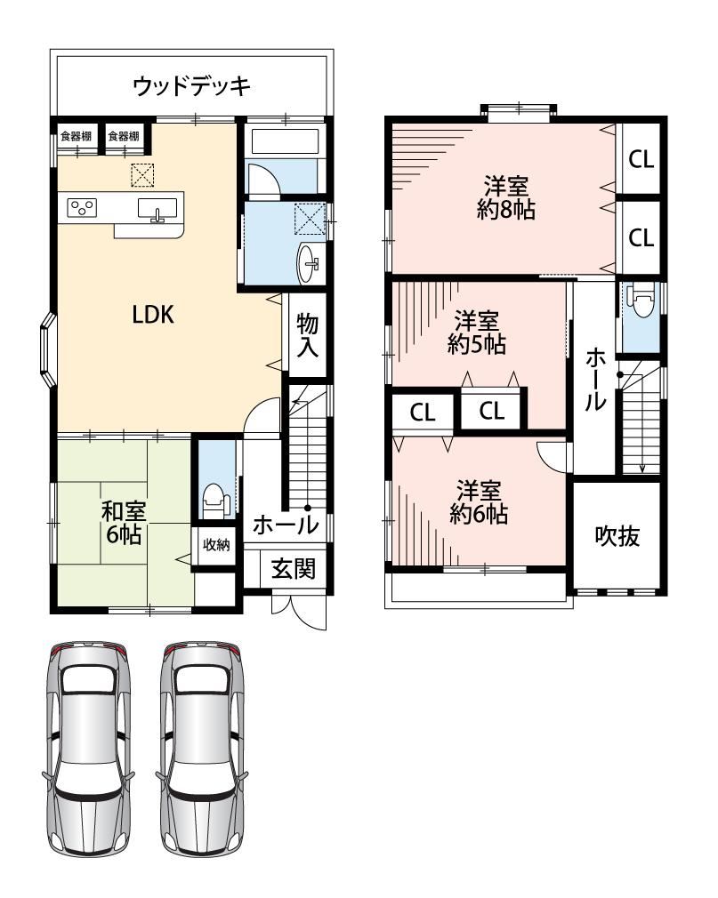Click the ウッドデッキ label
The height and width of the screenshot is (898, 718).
coord(191,86)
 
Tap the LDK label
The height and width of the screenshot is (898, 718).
coord(153,315)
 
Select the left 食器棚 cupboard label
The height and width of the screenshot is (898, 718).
coord(77,136)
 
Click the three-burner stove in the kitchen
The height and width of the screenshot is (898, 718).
coord(82,207)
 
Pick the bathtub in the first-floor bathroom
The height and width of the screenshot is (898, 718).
coord(284,142)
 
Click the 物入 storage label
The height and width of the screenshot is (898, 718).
coord(308,335)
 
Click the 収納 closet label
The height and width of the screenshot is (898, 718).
coord(216,545)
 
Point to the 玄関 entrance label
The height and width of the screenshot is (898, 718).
coord(293,569)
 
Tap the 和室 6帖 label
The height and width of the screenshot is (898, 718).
coord(124,523)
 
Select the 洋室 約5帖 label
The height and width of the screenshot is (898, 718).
coord(476,333)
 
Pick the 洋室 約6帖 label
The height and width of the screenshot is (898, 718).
coord(479,502)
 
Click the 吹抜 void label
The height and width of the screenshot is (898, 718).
coord(617,537)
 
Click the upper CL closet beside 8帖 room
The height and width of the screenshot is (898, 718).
coord(641,158)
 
